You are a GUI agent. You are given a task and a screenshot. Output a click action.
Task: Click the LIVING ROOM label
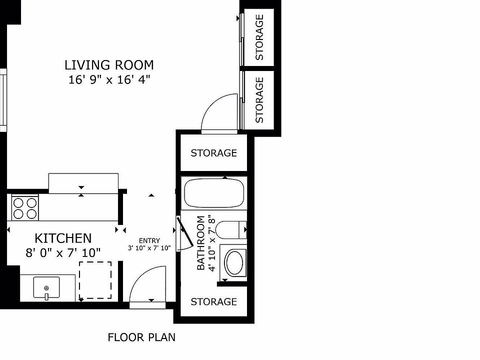tap(109, 65)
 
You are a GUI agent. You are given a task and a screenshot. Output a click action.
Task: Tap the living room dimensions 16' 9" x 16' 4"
tap(109, 80)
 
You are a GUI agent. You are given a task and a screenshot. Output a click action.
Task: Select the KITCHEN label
tap(63, 238)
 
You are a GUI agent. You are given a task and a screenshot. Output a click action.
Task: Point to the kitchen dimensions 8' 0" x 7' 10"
tap(63, 253)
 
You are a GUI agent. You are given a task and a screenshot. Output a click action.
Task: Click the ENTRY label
tap(149, 240)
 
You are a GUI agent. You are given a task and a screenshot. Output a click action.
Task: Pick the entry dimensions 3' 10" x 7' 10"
tap(149, 248)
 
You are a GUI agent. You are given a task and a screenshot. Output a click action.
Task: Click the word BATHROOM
tap(201, 243)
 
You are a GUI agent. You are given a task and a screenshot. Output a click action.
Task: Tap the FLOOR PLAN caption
tap(141, 337)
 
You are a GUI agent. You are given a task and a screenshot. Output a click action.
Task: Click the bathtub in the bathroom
tap(214, 193)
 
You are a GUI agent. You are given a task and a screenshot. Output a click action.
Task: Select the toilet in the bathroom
tap(231, 229)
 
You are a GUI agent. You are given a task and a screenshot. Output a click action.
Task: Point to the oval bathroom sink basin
tap(234, 262)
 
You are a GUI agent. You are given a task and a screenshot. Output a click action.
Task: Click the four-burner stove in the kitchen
tap(25, 207)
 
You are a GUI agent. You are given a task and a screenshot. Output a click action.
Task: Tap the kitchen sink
tap(46, 287)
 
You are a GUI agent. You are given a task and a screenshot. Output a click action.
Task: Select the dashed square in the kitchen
tap(95, 280)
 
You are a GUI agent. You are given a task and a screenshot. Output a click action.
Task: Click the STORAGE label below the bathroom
tap(213, 302)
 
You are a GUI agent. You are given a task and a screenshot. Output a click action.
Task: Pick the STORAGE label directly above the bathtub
tap(213, 153)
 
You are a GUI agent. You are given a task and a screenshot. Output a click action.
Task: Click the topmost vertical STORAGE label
tap(259, 37)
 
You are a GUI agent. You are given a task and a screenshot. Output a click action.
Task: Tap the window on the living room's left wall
tap(3, 100)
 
